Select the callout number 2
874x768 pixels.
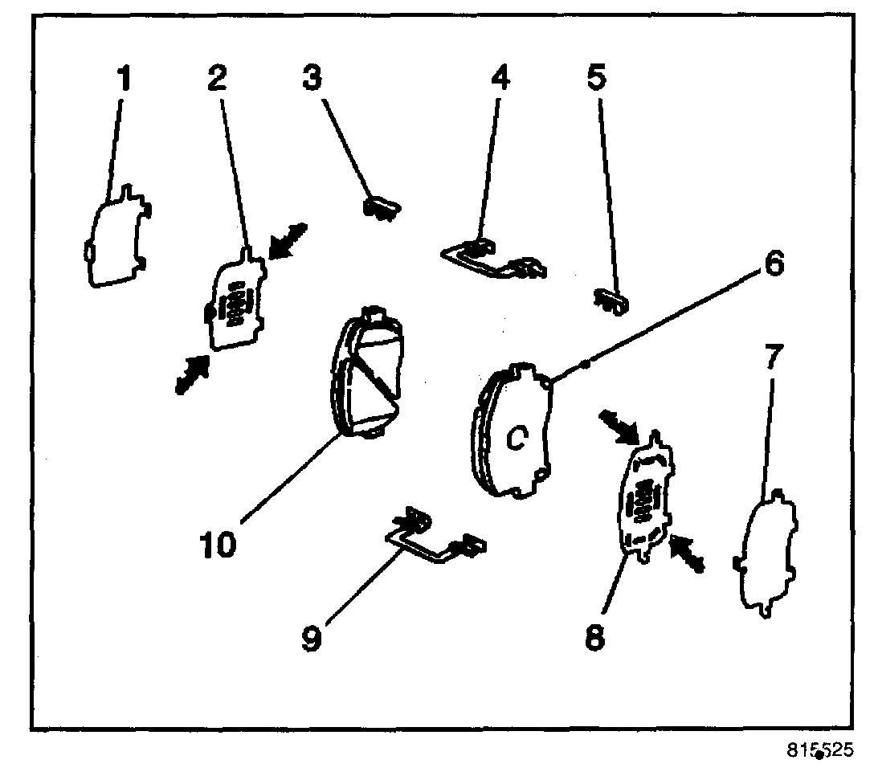coord(217,78)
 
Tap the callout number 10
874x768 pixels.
coord(218,543)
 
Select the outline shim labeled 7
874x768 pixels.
coord(766,554)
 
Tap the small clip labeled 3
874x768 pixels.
coord(381,208)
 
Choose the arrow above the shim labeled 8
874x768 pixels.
coord(620,427)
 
